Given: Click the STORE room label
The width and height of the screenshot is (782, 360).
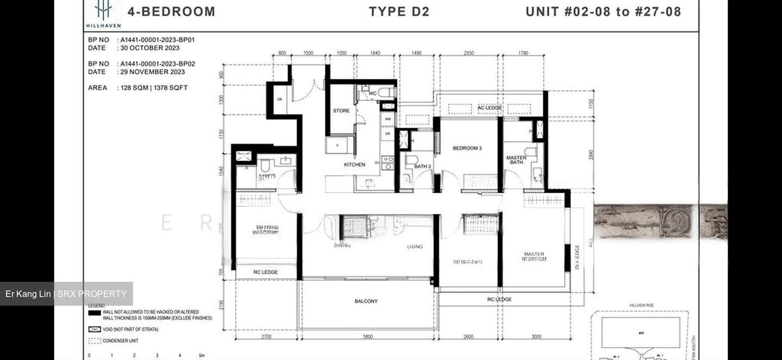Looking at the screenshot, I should click(x=341, y=111).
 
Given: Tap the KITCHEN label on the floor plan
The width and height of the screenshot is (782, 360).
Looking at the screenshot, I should click(x=355, y=165).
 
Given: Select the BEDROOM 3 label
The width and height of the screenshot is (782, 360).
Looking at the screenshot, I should click(x=467, y=148).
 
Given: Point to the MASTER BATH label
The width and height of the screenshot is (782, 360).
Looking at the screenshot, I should click(x=516, y=160).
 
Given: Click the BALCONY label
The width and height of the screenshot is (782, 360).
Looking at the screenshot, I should click(x=366, y=301).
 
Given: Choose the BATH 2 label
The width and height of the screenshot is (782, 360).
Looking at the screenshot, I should click(x=422, y=167).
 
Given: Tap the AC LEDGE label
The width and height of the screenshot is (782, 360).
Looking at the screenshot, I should click(x=489, y=108).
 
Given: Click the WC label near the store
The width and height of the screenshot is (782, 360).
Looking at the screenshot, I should click(x=373, y=93).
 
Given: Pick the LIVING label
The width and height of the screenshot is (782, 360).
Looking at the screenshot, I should click(x=415, y=247).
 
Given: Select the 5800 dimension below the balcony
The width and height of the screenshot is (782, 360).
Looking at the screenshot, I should click(x=368, y=337).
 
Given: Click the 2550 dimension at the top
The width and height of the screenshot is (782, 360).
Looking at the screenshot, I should click(x=469, y=53).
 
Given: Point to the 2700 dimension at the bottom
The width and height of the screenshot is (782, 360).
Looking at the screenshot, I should click(x=266, y=337).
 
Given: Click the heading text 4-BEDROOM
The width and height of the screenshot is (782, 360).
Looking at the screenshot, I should click(x=171, y=11).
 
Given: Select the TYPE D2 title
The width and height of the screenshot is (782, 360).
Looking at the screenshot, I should click(x=399, y=11).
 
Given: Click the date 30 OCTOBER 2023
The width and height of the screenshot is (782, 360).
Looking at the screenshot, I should click(x=150, y=48).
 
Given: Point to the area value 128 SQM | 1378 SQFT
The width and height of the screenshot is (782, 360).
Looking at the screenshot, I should click(x=154, y=87).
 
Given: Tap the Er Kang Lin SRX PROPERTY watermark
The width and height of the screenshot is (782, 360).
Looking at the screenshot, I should click(x=66, y=294).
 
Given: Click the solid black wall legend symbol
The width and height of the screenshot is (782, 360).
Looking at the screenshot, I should click(x=94, y=313).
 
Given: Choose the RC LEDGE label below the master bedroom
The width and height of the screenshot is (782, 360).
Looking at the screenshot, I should click(x=499, y=299).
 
